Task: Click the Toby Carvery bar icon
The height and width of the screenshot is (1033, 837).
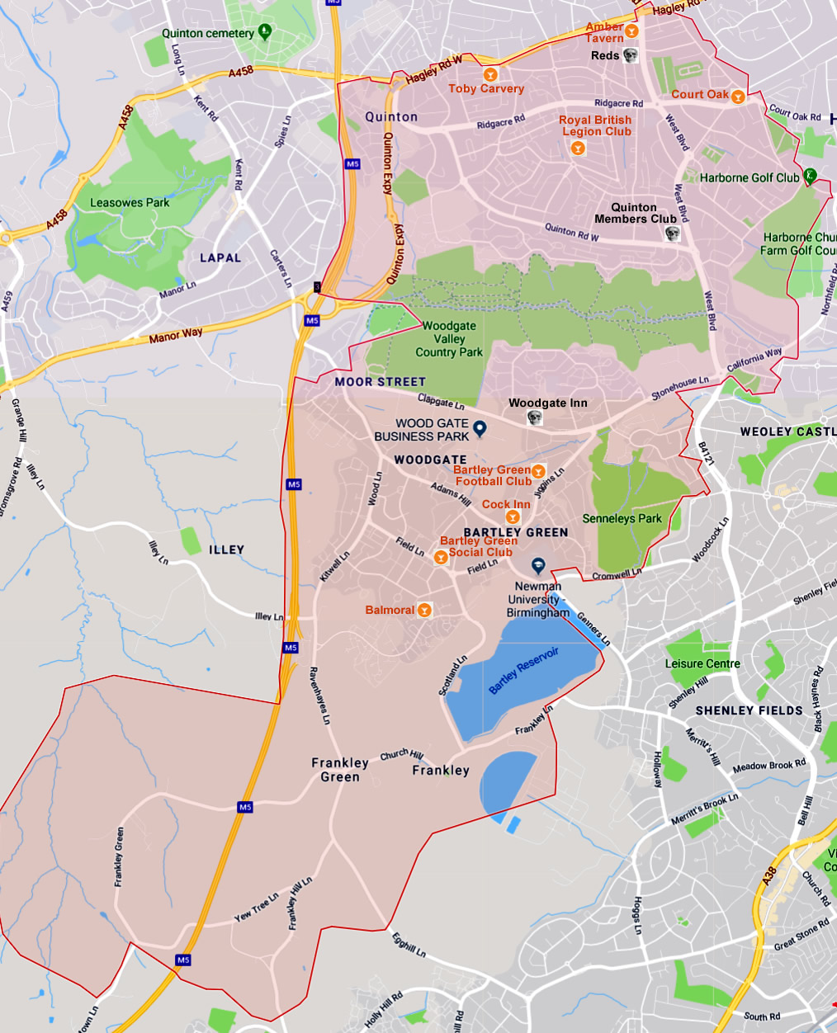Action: tap(491, 75)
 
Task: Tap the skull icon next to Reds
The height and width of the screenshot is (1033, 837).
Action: tap(631, 55)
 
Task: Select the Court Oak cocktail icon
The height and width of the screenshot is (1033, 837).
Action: tap(738, 97)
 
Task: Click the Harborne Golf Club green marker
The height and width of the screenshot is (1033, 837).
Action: tap(811, 175)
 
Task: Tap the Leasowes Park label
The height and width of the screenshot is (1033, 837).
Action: tap(130, 202)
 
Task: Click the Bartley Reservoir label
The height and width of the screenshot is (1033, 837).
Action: tap(524, 670)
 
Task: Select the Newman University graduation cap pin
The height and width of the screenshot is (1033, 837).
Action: tap(538, 566)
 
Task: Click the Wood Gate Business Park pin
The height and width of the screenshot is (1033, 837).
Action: tap(480, 427)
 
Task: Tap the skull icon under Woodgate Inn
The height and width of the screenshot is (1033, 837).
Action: tap(535, 418)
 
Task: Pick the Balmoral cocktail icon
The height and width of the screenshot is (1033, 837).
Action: tap(424, 611)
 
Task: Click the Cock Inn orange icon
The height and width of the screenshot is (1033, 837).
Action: tap(513, 517)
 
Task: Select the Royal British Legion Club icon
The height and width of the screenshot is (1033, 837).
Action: tap(578, 148)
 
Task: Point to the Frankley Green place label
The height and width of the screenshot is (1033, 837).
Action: tap(340, 769)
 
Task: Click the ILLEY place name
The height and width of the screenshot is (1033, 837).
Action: tap(226, 550)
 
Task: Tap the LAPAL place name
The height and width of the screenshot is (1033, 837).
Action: tap(220, 257)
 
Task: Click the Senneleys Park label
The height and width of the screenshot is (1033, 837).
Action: tap(622, 518)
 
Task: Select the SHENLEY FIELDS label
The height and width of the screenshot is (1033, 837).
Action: tap(749, 710)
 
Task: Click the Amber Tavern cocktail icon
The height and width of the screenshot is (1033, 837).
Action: tap(631, 31)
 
